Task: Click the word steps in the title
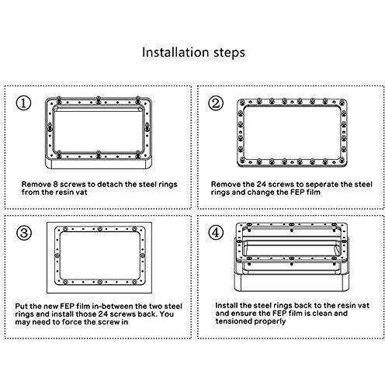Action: (229, 53)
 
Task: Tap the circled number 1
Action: (23, 103)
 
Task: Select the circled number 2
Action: (216, 103)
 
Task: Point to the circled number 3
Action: (24, 232)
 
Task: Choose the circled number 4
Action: (216, 232)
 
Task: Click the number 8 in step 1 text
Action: (55, 184)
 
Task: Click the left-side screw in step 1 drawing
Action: (50, 127)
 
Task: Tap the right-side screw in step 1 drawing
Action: (147, 127)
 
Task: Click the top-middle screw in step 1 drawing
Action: (99, 100)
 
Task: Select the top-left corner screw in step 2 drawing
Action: (242, 102)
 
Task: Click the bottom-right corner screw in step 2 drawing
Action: (342, 160)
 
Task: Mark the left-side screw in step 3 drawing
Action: (57, 255)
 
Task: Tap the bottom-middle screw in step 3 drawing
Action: (100, 282)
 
